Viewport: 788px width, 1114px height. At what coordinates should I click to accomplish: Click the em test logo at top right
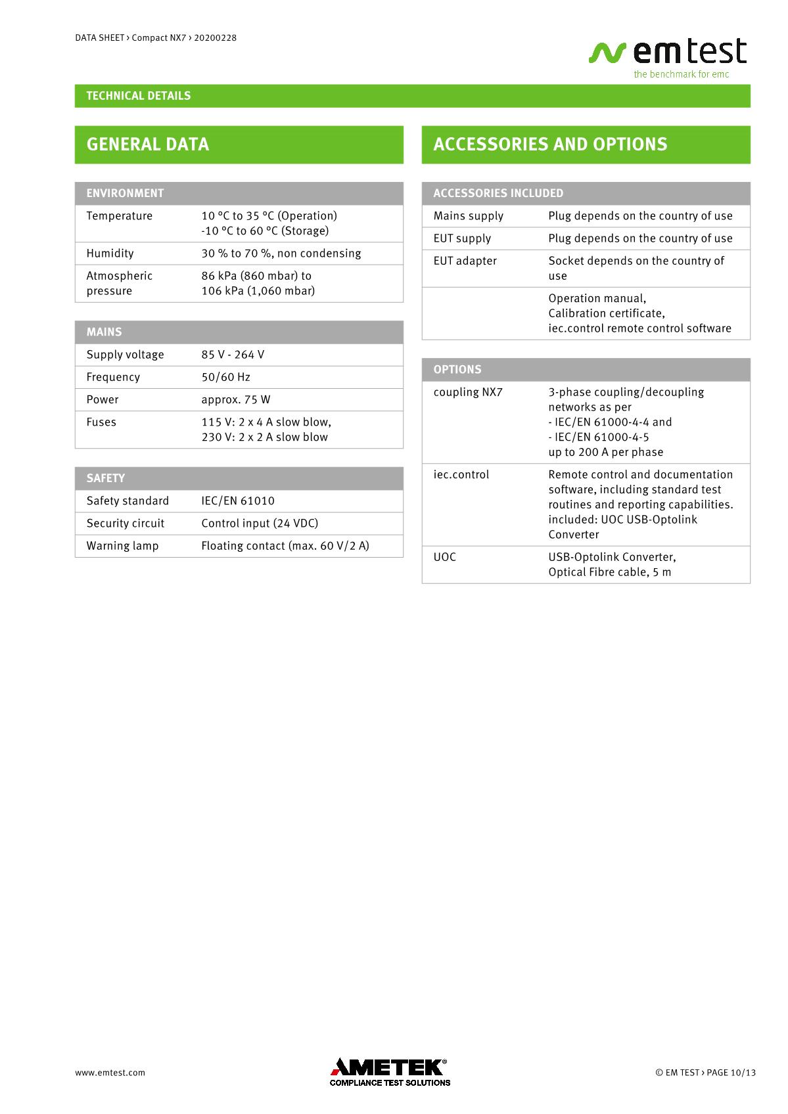click(x=668, y=56)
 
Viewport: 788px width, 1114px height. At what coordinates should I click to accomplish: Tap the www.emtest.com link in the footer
click(x=110, y=1073)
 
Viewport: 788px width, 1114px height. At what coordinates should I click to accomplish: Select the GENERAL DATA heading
click(x=148, y=145)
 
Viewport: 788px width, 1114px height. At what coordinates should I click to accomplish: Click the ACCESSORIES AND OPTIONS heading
click(x=550, y=145)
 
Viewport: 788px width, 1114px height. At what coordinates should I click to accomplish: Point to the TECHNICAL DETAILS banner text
click(x=139, y=96)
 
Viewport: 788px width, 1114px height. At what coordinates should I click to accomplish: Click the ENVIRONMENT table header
click(x=125, y=193)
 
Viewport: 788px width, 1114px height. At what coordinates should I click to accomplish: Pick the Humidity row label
click(x=110, y=254)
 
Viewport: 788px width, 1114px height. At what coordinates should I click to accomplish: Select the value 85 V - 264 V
click(x=233, y=355)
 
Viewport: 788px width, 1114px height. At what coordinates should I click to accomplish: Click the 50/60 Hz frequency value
click(x=225, y=377)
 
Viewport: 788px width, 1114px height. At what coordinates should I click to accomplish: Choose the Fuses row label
click(x=101, y=422)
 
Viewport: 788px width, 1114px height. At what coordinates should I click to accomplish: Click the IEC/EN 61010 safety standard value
click(x=238, y=501)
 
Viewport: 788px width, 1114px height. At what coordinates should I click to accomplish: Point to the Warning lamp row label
click(x=122, y=546)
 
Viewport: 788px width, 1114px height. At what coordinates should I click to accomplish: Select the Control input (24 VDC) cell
click(x=260, y=524)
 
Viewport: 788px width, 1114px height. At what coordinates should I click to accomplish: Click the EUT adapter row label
click(x=465, y=261)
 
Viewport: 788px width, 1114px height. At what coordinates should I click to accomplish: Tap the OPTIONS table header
click(x=457, y=370)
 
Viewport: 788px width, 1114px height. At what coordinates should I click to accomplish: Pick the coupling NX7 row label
click(x=467, y=392)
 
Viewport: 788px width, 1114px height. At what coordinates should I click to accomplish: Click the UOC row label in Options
click(x=444, y=557)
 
